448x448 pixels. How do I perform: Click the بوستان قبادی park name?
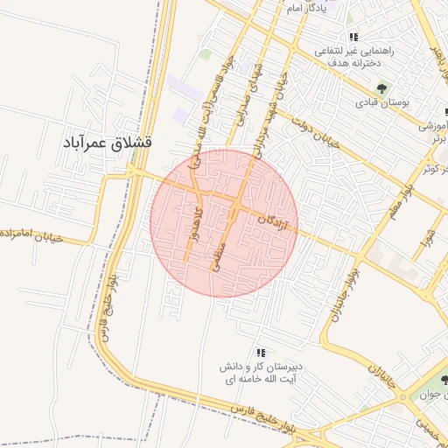coord(381,102)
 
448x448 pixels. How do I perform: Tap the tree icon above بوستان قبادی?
coord(381,87)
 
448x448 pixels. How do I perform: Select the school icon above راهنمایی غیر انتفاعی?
coord(353,37)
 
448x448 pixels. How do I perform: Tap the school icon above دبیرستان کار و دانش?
coord(261,353)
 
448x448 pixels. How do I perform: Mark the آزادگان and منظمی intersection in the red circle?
coord(237,207)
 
